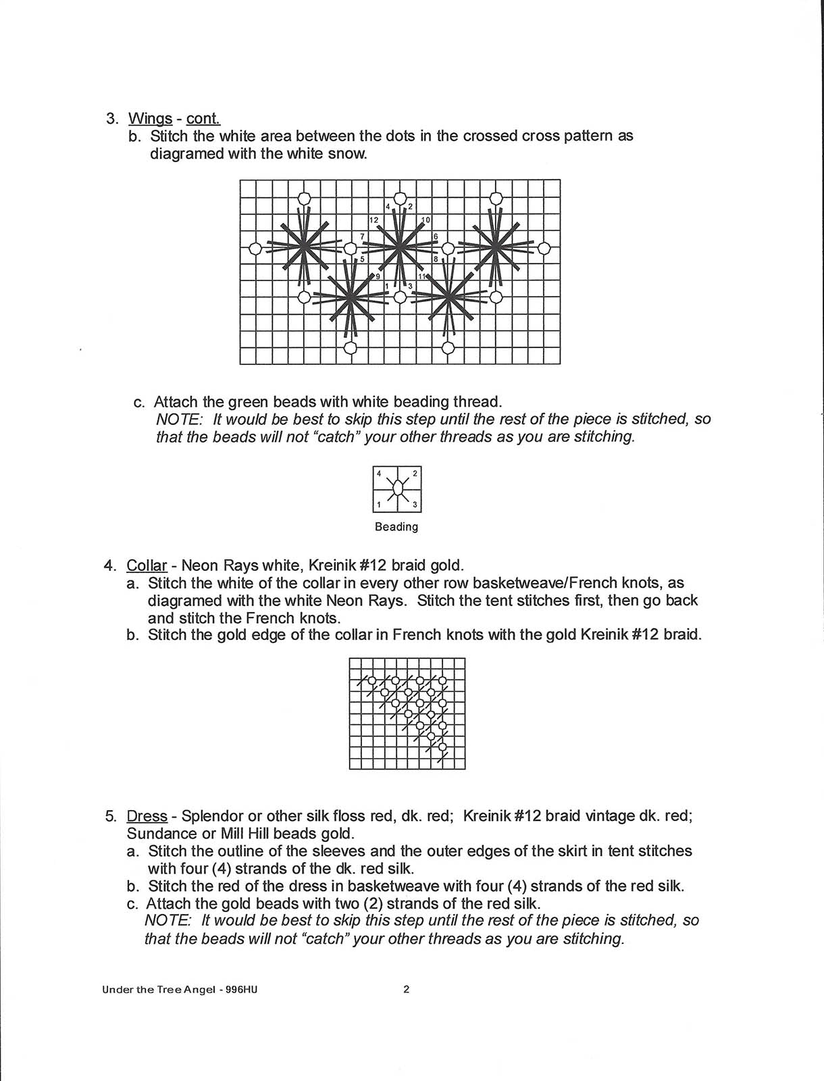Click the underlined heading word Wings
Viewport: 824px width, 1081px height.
(x=150, y=119)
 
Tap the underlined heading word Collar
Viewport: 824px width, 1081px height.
(x=147, y=565)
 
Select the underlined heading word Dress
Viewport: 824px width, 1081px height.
(x=147, y=816)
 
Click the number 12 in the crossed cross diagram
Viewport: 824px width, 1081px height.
(x=374, y=220)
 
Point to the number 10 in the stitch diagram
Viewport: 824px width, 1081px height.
(x=426, y=220)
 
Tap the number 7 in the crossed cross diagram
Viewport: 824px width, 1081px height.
(x=363, y=236)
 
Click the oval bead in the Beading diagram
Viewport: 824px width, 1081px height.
(x=397, y=488)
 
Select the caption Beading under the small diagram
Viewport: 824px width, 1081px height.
(x=396, y=527)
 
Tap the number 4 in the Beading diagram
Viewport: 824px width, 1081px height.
(x=379, y=473)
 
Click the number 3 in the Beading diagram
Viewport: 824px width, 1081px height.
(x=414, y=505)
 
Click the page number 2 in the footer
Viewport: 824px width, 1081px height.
(x=407, y=990)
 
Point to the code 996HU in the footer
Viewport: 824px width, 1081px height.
(x=242, y=990)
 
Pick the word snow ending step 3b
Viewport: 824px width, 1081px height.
(x=351, y=154)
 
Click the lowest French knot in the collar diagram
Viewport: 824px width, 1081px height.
(x=442, y=747)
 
